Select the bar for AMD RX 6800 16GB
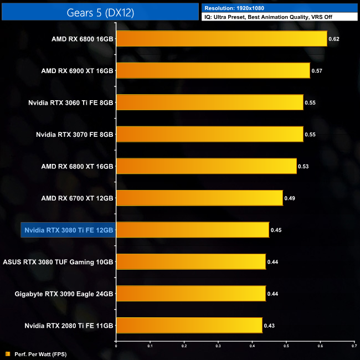pos(222,39)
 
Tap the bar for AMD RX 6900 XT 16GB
pos(213,71)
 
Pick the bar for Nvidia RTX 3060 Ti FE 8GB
pos(210,102)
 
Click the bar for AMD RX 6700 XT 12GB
pos(199,198)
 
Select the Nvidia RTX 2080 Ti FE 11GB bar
pos(189,325)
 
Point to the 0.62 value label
pos(333,39)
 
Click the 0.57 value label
pos(317,71)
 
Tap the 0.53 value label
pos(303,166)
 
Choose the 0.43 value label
pos(269,325)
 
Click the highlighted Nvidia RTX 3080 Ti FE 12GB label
pos(68,230)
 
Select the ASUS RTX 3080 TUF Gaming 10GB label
pos(59,261)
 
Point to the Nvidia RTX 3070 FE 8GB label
pos(74,134)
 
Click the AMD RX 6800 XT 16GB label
pos(77,166)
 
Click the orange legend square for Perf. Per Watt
pos(8,354)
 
